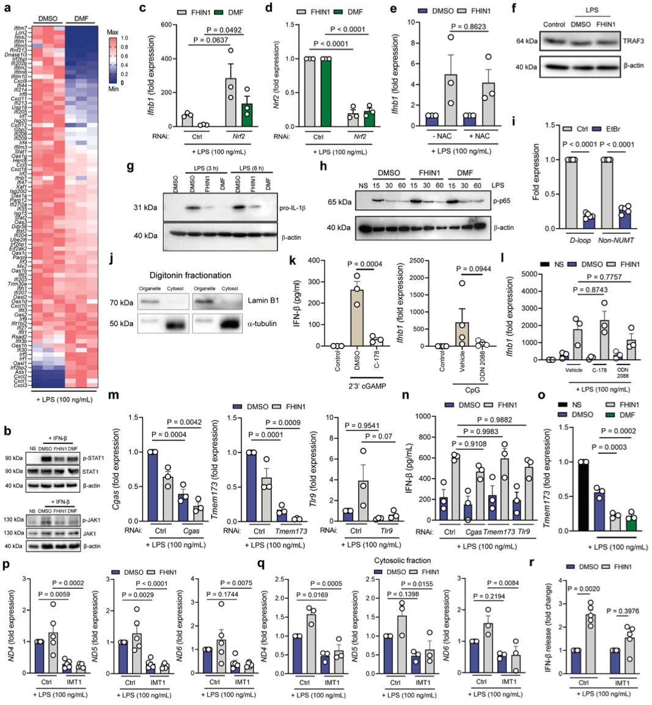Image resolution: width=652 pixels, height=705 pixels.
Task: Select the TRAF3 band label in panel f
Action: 633,42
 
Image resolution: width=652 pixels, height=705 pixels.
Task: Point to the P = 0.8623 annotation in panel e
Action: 470,27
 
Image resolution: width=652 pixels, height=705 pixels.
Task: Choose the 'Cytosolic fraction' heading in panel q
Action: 405,560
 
